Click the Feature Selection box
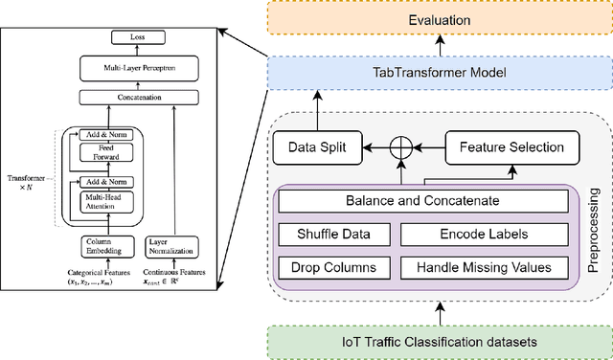512,148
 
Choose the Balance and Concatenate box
423,202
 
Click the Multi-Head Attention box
107,202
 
